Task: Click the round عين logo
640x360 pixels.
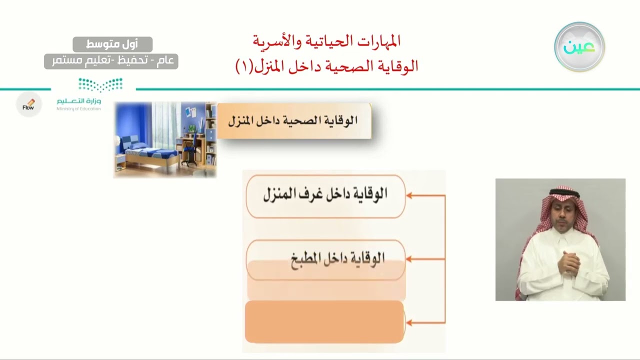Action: (x=579, y=46)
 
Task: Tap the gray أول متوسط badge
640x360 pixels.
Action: (x=112, y=44)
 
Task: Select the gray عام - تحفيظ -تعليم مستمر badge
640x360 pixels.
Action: (x=111, y=61)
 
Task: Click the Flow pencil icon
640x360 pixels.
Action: (x=28, y=104)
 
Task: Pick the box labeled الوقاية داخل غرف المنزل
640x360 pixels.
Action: (x=325, y=195)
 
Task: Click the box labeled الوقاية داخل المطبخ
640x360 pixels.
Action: (x=325, y=258)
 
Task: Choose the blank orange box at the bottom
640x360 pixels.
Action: (x=324, y=322)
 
